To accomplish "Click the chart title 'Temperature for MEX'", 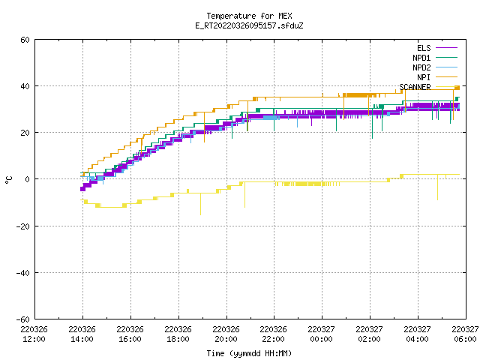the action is click(249, 16).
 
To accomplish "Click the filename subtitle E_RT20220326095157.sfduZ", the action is click(249, 25).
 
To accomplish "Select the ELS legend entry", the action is click(437, 48).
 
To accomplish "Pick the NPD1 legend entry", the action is click(435, 58).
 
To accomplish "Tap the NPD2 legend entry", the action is click(435, 67).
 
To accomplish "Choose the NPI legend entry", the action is click(437, 77).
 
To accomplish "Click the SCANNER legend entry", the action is click(428, 87).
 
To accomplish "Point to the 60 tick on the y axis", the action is click(25, 40).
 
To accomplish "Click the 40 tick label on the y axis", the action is click(25, 86).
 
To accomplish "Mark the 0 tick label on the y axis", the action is click(28, 179).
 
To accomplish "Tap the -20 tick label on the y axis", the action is click(23, 226).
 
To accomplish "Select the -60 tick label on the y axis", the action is click(23, 319).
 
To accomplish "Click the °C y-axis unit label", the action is click(8, 180).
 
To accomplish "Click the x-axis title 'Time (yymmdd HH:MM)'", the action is click(249, 353).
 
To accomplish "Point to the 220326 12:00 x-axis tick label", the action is click(34, 334).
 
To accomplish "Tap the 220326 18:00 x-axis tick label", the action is click(178, 334).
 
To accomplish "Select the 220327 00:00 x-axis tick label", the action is click(322, 334).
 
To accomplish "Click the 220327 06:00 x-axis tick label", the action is click(465, 334).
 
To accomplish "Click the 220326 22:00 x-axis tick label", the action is click(273, 334).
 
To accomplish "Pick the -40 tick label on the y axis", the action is click(23, 273).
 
